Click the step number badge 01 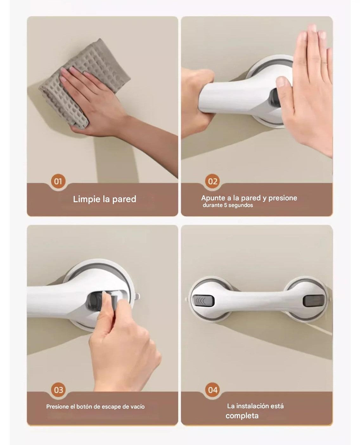click(58, 181)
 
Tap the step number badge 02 click(212, 181)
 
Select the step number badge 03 click(58, 390)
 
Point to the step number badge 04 click(212, 390)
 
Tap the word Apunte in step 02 click(214, 198)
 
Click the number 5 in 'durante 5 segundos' click(226, 205)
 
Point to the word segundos click(241, 205)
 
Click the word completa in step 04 click(242, 416)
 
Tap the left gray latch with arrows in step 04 click(203, 300)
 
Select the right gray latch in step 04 click(313, 300)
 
